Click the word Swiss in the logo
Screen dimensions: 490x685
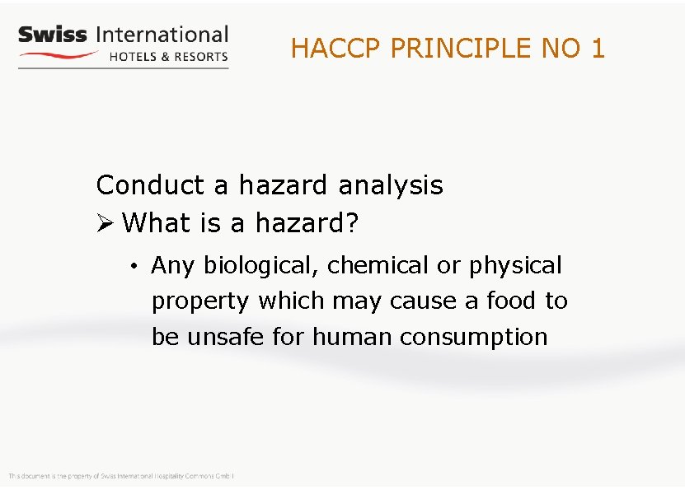tap(52, 35)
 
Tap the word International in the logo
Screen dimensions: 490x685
tap(162, 35)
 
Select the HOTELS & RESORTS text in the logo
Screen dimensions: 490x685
tap(168, 57)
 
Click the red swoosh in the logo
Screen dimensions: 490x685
tap(59, 55)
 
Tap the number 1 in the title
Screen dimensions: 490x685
tap(598, 49)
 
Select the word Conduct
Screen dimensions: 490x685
tap(151, 185)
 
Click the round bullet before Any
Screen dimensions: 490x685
tap(133, 266)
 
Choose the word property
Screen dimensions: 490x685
tap(200, 302)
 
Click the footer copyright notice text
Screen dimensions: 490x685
tap(122, 476)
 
